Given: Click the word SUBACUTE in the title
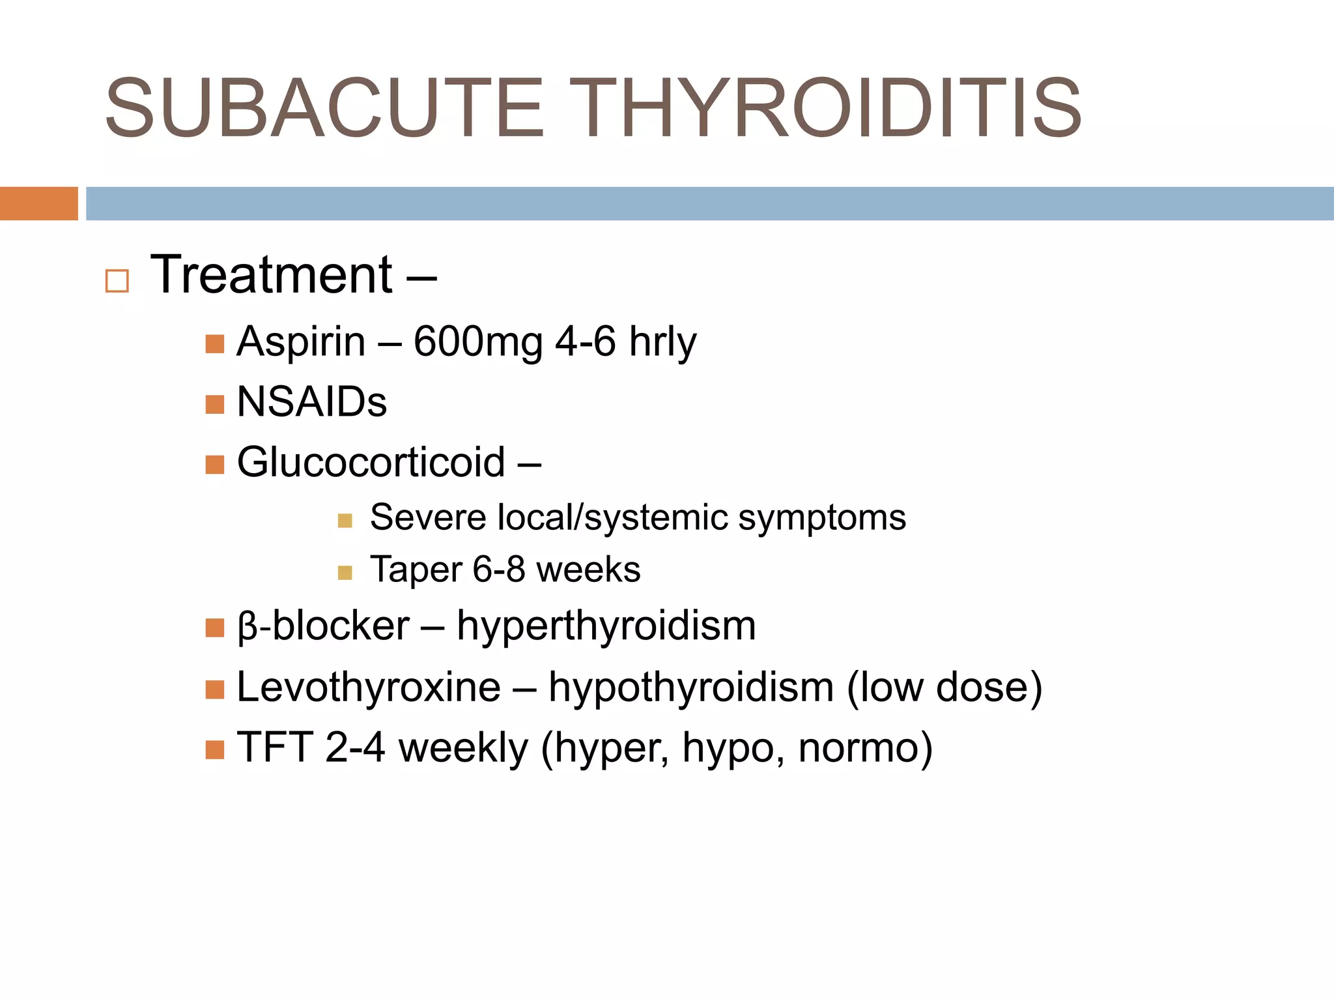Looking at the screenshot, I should click(x=324, y=108).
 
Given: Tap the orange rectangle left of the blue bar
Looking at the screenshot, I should click(x=38, y=203).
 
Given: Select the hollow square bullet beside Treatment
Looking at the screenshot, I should click(x=117, y=281).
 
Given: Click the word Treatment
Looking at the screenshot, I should click(x=272, y=275).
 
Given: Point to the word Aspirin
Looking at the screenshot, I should click(x=301, y=341).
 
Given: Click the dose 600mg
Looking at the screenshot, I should click(x=478, y=341).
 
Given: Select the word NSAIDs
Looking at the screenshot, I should click(x=312, y=401).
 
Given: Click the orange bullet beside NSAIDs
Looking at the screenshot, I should click(x=214, y=405).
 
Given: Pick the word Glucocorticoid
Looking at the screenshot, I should click(x=371, y=462).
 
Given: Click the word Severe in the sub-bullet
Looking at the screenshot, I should click(x=428, y=517).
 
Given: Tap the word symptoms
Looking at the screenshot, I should click(x=822, y=519).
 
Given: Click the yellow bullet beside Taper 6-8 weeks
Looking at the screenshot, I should click(x=345, y=573).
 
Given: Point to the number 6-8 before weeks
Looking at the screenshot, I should click(x=499, y=570).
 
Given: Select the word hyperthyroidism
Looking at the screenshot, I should click(x=606, y=626).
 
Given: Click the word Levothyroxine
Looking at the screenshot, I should click(x=369, y=687).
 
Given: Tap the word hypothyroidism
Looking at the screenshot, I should click(x=691, y=687).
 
